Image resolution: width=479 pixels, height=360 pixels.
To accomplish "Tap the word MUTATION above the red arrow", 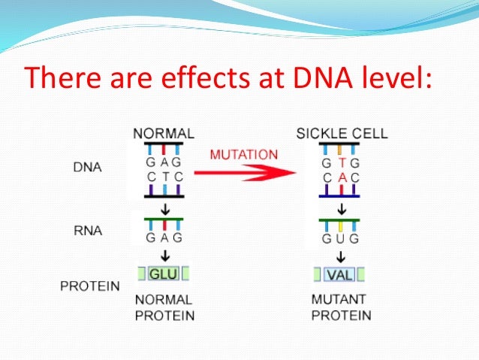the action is (244, 155).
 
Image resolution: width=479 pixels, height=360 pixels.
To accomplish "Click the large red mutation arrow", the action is (245, 173).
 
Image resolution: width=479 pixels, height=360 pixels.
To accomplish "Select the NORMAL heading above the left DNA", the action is (164, 134).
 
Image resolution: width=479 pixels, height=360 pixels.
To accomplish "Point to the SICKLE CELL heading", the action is (342, 134).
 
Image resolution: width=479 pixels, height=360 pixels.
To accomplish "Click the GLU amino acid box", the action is (164, 274).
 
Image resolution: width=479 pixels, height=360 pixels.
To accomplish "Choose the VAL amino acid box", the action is (339, 274).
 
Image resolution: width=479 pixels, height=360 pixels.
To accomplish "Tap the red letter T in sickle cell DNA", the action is (342, 163).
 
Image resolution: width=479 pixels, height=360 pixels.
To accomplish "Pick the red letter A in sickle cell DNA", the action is (342, 177).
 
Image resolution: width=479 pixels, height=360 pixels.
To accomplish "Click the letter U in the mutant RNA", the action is (340, 238).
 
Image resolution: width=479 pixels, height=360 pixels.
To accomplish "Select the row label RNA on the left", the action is (88, 231).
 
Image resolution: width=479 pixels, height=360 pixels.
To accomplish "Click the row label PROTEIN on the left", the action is (90, 286).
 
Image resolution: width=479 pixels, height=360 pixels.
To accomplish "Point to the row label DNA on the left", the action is (87, 167).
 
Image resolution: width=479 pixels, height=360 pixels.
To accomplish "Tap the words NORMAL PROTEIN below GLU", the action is (164, 307).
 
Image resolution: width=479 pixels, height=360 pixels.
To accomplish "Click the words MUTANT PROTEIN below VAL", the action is (341, 307).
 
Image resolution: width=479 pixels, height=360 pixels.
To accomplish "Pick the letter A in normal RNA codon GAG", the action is (164, 237).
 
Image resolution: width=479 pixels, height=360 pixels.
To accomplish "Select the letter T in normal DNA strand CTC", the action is (165, 177).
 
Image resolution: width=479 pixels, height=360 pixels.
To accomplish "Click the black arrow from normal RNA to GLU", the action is (165, 256).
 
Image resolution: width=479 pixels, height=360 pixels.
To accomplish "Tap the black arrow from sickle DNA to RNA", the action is (342, 209).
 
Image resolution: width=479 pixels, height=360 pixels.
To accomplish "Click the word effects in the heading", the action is (205, 77).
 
